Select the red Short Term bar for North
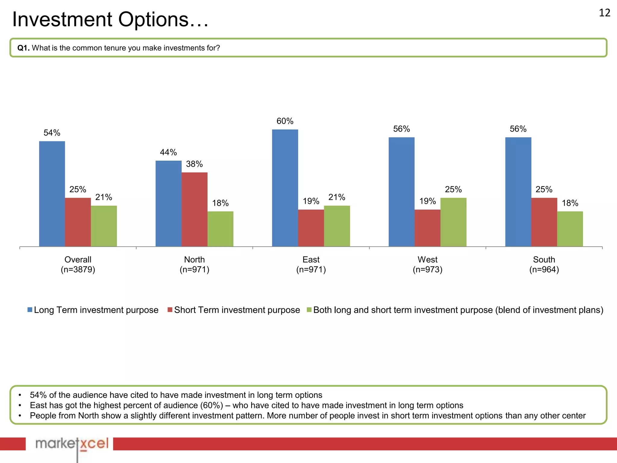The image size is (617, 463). click(x=194, y=209)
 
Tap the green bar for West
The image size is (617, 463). click(x=453, y=222)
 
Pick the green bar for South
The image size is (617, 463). click(x=570, y=229)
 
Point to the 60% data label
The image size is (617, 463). click(x=285, y=121)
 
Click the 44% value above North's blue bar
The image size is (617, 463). click(x=168, y=152)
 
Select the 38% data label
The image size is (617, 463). click(x=194, y=164)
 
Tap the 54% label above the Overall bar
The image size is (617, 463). click(x=52, y=133)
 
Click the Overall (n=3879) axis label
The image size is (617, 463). click(x=78, y=264)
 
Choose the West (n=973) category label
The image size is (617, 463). click(x=427, y=264)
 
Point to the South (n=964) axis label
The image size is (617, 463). click(x=544, y=264)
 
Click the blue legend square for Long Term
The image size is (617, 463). click(x=30, y=310)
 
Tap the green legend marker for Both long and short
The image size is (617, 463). click(x=309, y=310)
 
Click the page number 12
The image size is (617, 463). click(x=604, y=13)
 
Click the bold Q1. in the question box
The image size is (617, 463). click(x=23, y=48)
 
